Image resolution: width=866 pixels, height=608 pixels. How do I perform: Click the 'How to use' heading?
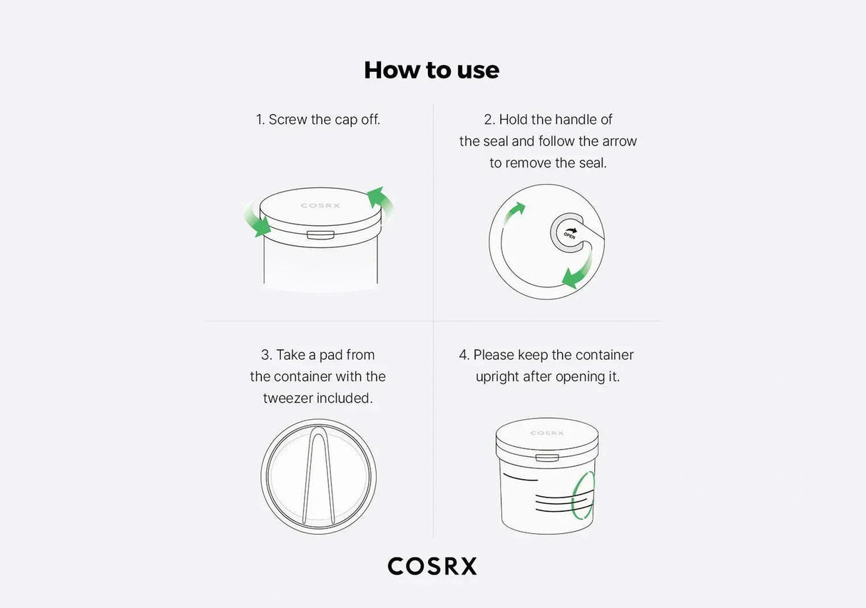432,70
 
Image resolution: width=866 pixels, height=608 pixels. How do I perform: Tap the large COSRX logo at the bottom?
432,566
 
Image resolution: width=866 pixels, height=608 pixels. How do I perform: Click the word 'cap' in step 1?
346,120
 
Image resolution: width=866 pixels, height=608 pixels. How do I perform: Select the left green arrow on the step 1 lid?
258,220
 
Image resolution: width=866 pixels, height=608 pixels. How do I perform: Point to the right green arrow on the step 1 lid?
379,201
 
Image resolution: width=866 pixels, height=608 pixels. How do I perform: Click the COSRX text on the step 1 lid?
320,206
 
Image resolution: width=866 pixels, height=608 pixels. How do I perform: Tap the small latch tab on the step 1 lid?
320,235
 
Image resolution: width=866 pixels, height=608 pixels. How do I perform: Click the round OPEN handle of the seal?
569,233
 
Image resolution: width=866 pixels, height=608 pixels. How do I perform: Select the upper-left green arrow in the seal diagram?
514,212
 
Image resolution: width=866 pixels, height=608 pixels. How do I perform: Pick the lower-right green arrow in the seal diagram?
579,273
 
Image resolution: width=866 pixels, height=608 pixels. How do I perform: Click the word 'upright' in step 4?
497,376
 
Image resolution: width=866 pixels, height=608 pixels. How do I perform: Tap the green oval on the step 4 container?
583,493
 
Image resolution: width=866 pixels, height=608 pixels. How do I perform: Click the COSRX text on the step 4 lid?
547,433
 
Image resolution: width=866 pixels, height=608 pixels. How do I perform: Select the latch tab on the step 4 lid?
547,458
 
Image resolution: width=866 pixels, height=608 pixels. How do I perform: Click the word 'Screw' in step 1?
287,120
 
